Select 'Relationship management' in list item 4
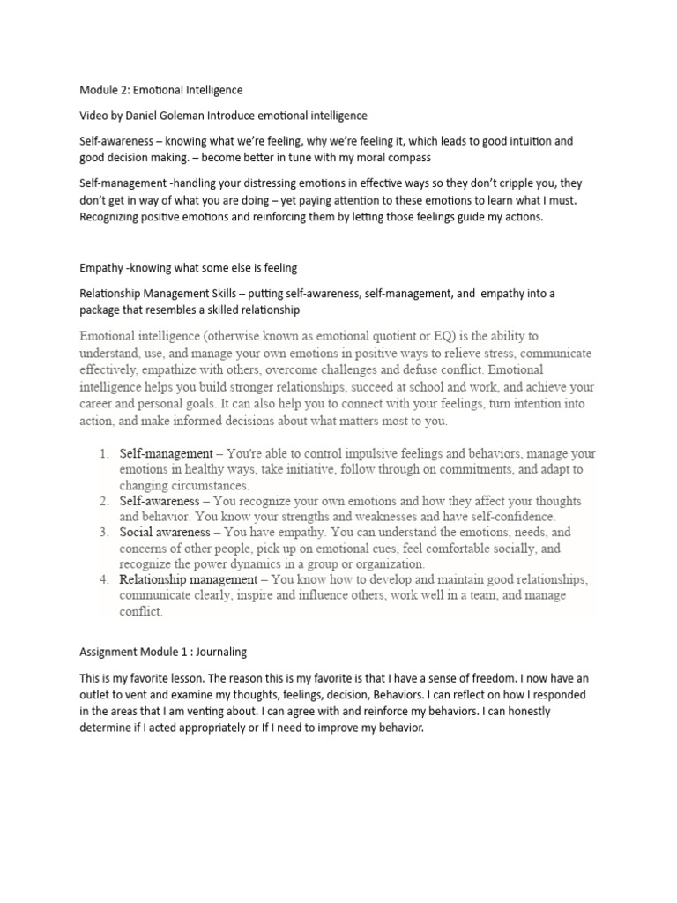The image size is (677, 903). pyautogui.click(x=188, y=579)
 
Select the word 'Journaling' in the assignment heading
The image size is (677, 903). pyautogui.click(x=217, y=652)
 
